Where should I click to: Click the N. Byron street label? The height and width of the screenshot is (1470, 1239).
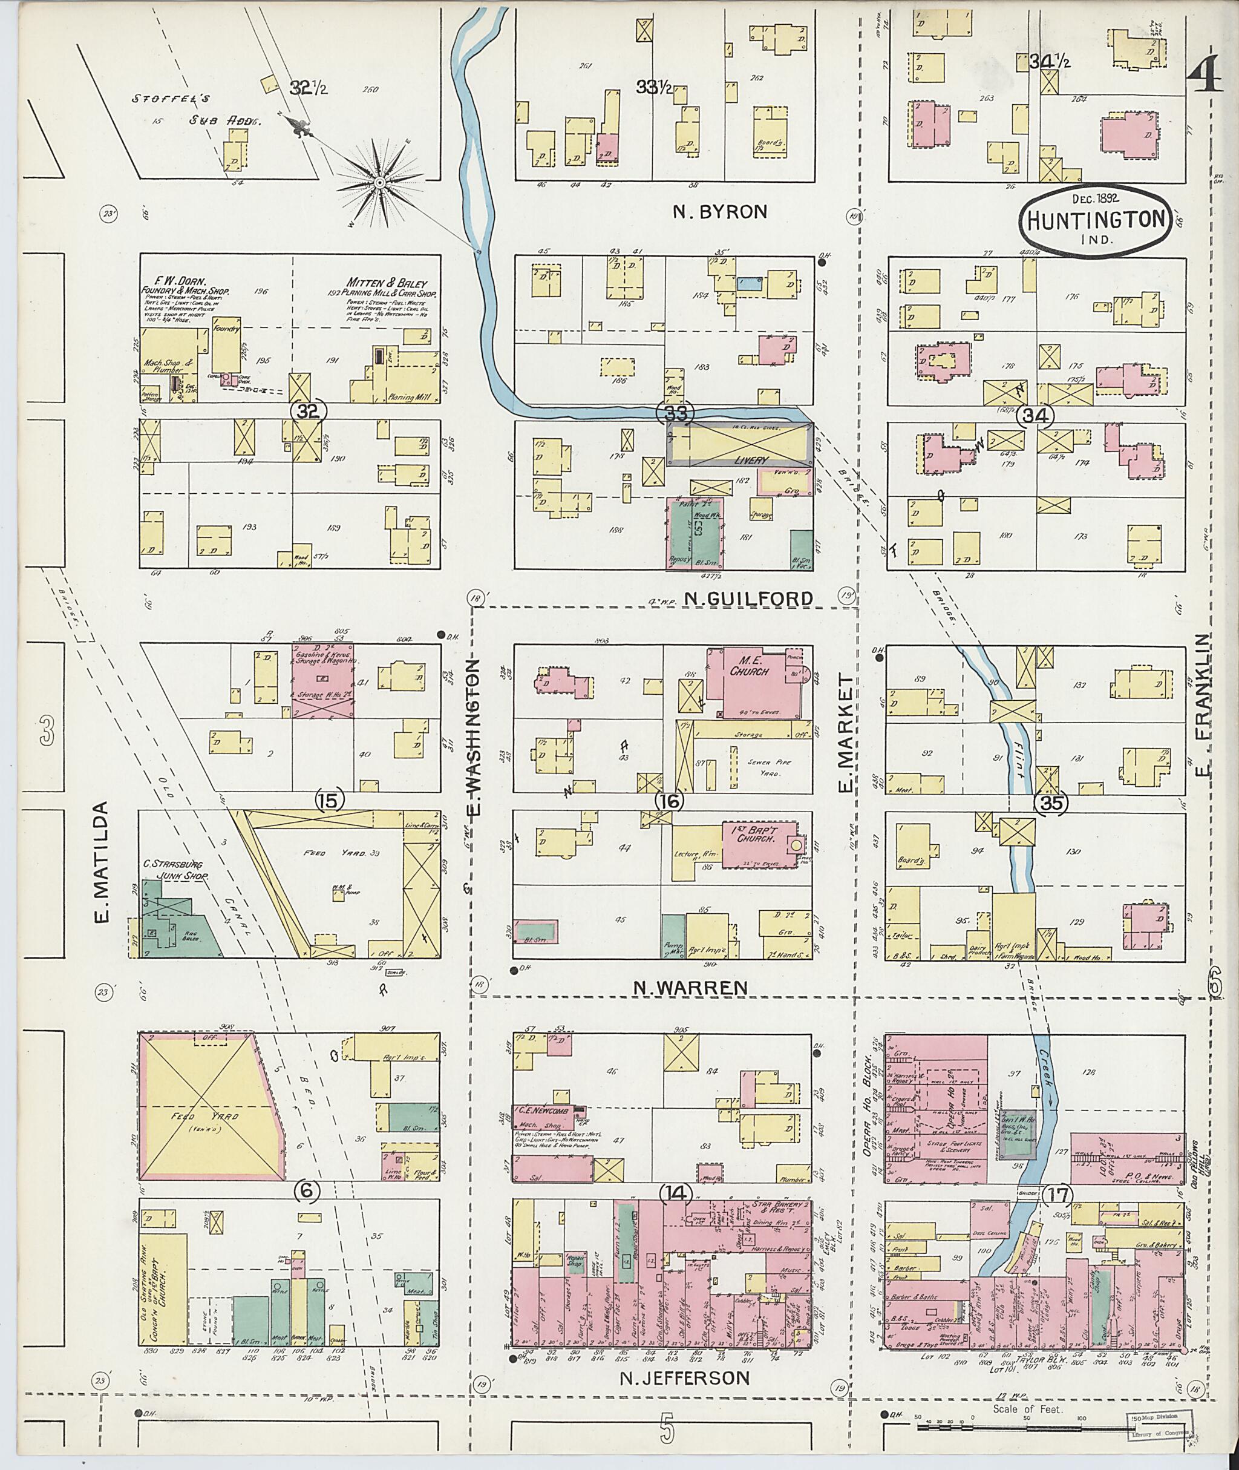pos(719,211)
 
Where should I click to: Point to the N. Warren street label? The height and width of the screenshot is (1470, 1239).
pos(690,987)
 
